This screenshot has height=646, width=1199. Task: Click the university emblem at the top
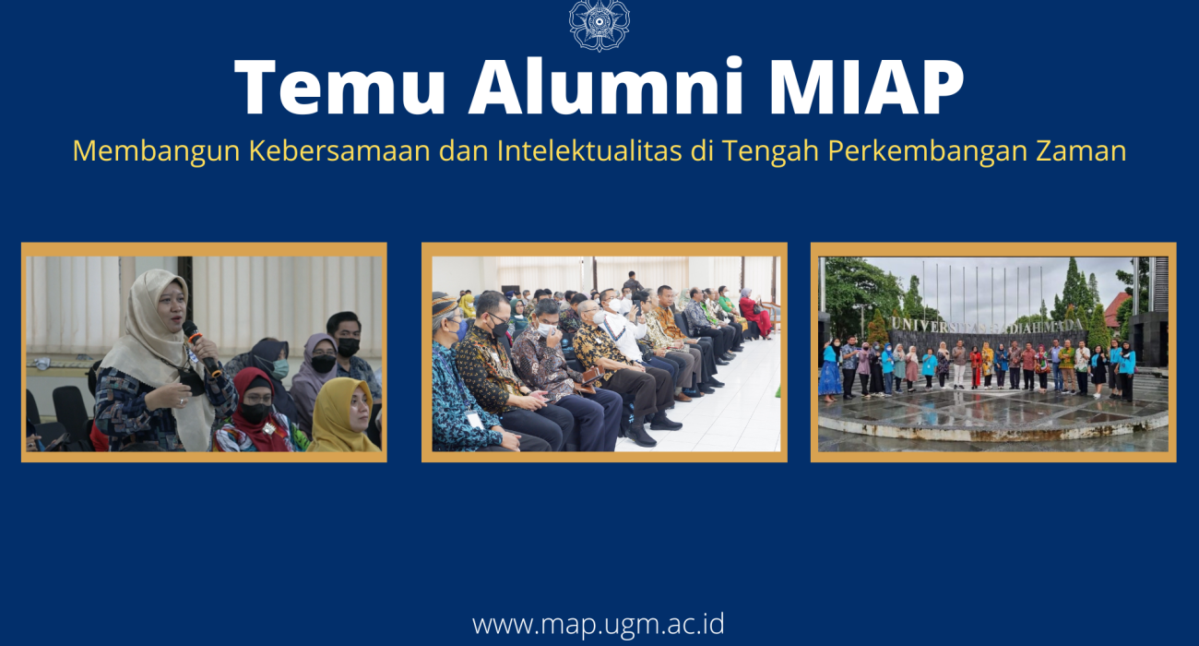pos(599,25)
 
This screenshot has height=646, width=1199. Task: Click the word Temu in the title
pos(340,87)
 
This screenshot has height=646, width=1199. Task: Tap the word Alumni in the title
pos(607,86)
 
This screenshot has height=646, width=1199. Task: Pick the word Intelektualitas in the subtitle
pos(589,150)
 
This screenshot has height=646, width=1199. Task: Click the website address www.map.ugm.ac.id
pos(599,625)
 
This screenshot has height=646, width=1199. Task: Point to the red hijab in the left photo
pos(258,407)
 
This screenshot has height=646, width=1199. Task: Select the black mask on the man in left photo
pos(348,347)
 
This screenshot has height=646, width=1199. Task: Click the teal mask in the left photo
pos(280,369)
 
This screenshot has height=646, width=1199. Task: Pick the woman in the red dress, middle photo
pos(754,314)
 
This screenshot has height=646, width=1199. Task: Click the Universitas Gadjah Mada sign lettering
pos(987,325)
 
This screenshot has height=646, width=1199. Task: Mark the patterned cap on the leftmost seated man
pos(444,305)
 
